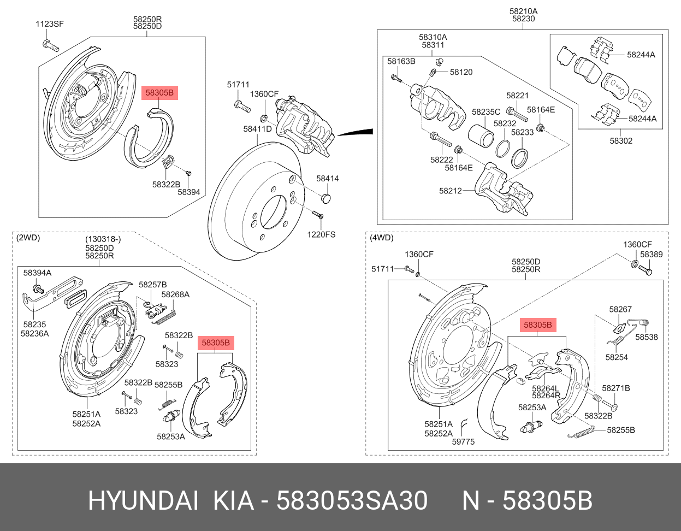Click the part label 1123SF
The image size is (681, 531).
click(x=49, y=23)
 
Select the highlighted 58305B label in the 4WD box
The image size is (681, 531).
click(x=538, y=326)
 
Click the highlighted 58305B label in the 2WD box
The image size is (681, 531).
click(x=216, y=343)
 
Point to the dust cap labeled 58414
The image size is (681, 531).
click(x=326, y=197)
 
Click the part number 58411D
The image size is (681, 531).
click(x=257, y=129)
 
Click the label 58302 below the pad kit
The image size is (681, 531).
click(x=621, y=141)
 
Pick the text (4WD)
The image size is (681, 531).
click(x=381, y=238)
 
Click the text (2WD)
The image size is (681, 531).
click(x=28, y=238)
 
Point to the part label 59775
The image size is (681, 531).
click(x=463, y=442)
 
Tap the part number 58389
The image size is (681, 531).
click(x=651, y=255)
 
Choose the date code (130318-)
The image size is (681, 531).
click(x=103, y=239)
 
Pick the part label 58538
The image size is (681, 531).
click(x=646, y=337)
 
